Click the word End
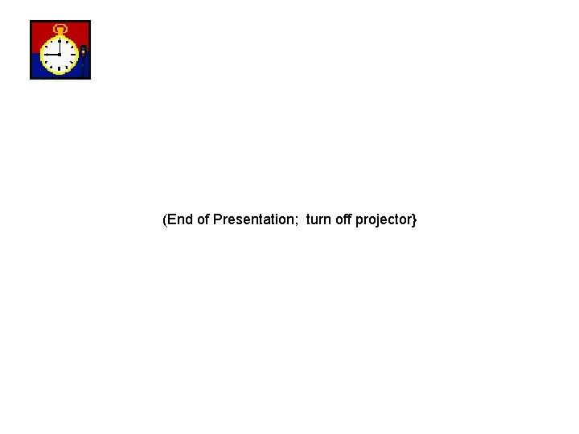pos(180,219)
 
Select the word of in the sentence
pos(203,219)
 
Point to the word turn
pos(318,219)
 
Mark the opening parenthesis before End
pos(165,219)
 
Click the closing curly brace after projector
pos(414,219)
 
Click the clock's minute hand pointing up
pos(60,47)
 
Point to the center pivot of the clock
pos(60,55)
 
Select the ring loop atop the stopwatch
pos(60,28)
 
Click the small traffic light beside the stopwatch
pos(83,55)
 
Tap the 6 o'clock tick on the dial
pos(60,70)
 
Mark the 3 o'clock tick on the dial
pos(74,55)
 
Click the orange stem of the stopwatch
pos(60,35)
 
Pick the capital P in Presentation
pos(218,219)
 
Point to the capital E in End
pos(172,219)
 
